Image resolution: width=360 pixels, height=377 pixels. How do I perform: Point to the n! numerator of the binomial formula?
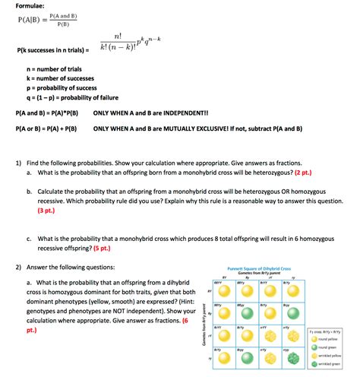(x=117, y=36)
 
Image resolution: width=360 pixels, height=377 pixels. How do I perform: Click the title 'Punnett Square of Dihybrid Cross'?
(x=259, y=269)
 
